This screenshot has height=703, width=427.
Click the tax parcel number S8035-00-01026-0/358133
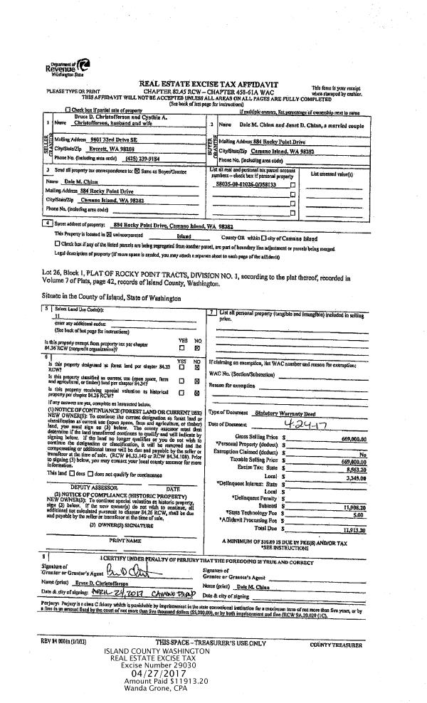[x=249, y=184]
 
